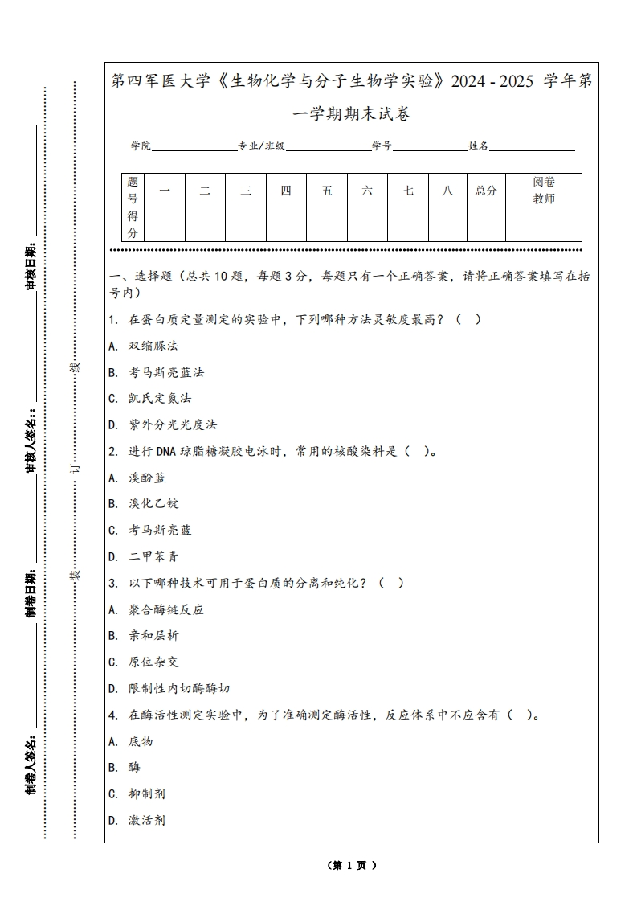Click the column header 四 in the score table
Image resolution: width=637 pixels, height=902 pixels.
click(286, 191)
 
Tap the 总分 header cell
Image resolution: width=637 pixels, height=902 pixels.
click(486, 191)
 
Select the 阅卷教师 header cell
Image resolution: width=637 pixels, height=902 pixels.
click(544, 191)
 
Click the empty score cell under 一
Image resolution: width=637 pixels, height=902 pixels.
click(165, 224)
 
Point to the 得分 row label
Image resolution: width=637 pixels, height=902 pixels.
click(133, 224)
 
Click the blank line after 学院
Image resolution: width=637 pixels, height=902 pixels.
click(194, 147)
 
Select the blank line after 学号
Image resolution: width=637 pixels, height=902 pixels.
click(430, 147)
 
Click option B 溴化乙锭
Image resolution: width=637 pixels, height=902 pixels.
click(153, 503)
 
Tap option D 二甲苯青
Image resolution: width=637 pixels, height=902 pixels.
click(153, 556)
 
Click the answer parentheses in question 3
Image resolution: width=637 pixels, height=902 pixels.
click(390, 583)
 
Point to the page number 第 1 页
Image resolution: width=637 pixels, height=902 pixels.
click(352, 866)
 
